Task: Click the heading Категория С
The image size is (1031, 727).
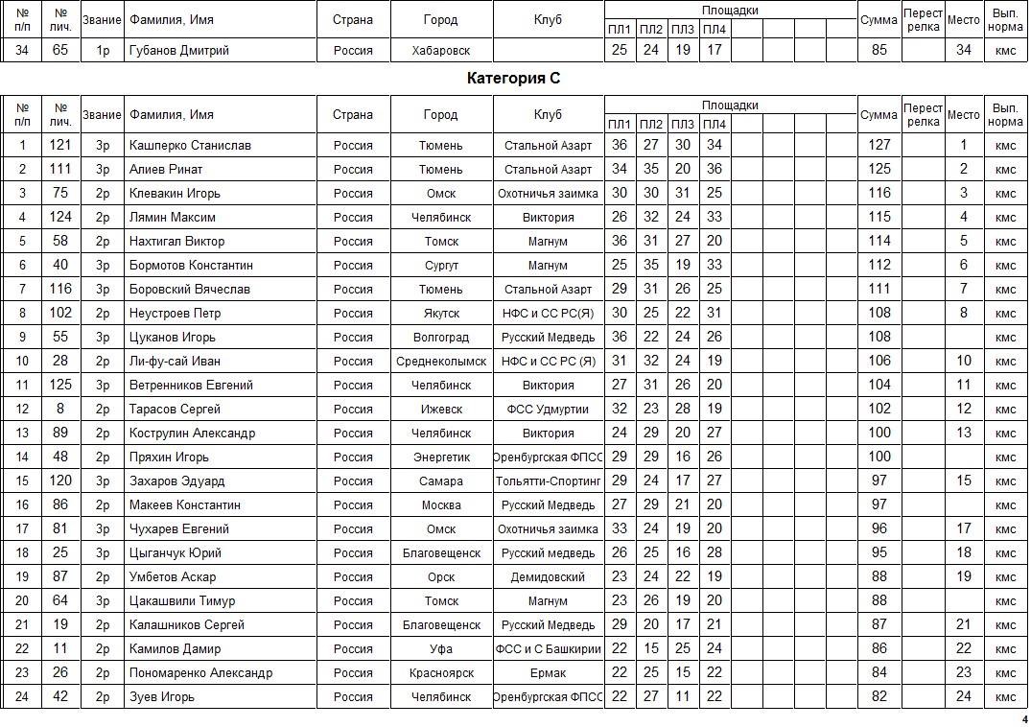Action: pos(513,79)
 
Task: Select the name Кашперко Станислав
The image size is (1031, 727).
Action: pos(190,146)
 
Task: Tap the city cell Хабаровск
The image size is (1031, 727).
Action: pos(440,50)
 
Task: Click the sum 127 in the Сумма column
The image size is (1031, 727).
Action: pos(879,146)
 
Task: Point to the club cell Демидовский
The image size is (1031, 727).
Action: pos(548,577)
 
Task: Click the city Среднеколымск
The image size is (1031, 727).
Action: pos(440,362)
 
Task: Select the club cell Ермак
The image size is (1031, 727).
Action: pos(548,673)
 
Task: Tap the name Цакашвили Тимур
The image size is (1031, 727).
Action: pos(181,601)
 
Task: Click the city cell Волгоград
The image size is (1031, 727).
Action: pos(440,338)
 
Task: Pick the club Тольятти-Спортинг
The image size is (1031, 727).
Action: pos(548,481)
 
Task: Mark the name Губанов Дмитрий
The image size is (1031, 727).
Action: pos(178,50)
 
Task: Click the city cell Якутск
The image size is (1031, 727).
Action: pos(440,314)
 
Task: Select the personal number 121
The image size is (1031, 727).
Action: pos(60,146)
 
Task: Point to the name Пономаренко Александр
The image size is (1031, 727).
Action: pos(200,673)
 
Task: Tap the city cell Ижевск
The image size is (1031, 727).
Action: pos(440,410)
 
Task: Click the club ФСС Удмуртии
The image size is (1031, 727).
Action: pos(548,410)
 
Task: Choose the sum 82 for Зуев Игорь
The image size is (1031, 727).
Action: pos(879,697)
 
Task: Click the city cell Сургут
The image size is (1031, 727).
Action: pos(440,266)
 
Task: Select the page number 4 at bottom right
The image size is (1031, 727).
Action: pos(1023,718)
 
